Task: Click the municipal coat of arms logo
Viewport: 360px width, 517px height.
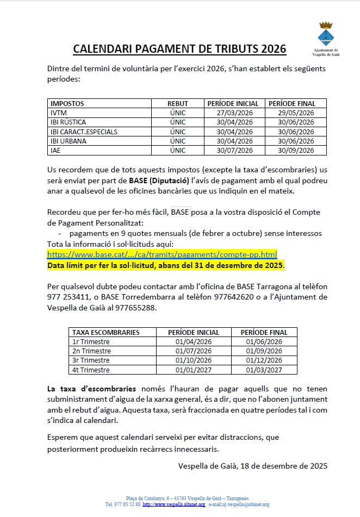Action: point(326,34)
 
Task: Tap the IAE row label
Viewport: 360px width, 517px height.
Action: point(55,151)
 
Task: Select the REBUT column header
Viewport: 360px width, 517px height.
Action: point(178,103)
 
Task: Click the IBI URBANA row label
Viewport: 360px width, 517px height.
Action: point(69,141)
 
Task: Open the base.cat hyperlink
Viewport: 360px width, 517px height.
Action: point(162,254)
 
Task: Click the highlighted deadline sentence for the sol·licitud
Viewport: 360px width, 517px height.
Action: point(166,265)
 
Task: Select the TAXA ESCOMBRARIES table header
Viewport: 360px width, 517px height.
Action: point(106,332)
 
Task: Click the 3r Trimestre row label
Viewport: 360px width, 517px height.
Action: point(91,360)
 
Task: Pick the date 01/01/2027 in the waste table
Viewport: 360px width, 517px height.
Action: point(194,370)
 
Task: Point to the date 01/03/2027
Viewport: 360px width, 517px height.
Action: point(264,370)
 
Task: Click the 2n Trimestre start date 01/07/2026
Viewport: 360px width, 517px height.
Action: point(194,351)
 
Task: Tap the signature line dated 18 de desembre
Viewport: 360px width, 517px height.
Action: point(253,465)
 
